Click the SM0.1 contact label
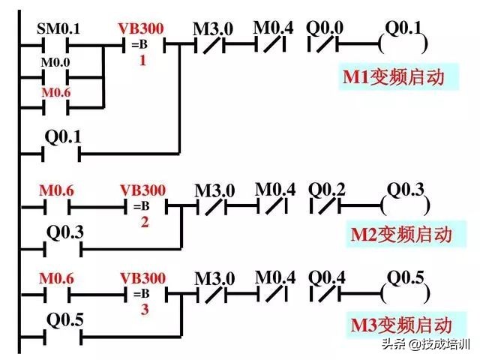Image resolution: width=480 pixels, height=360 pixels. [58, 30]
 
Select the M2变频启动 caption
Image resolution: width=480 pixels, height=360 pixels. [402, 234]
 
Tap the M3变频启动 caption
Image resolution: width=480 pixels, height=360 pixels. [402, 325]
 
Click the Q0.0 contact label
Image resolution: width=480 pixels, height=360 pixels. [325, 28]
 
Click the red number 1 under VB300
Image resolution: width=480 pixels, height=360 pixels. [142, 61]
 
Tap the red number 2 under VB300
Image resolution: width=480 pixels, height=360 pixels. [143, 222]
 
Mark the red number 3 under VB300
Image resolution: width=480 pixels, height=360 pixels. [143, 310]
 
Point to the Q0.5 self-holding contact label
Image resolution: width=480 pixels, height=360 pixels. [64, 320]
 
